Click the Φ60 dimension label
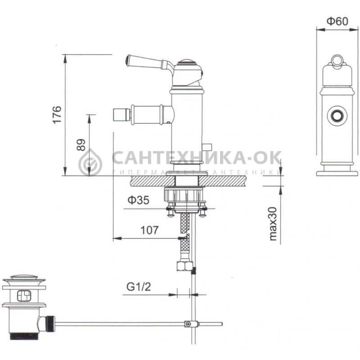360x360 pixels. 337,21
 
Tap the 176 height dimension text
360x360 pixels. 57,115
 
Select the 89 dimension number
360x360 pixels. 81,145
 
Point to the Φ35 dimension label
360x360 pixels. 139,200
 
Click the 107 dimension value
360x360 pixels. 149,230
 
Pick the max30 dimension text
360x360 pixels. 273,224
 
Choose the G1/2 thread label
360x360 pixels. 139,287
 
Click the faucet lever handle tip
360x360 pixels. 128,60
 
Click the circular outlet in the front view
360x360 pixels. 337,116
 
